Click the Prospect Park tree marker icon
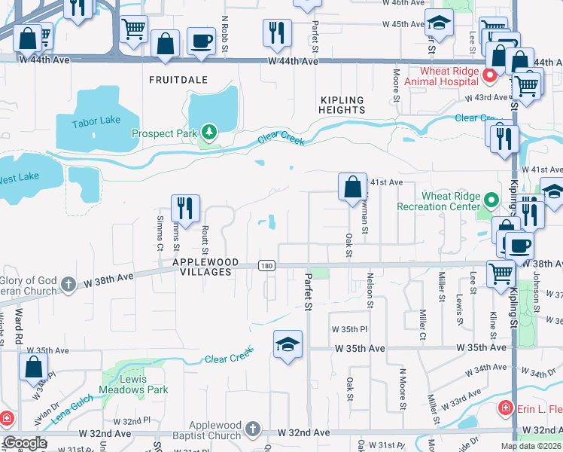208,133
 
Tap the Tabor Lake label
96,124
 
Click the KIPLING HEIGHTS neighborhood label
342,105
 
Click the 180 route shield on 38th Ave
266,265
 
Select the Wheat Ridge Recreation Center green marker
491,200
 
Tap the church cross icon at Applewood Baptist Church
252,430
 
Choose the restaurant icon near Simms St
184,208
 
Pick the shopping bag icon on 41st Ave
351,186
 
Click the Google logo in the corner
24,443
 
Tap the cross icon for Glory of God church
68,285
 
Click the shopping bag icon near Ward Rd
33,368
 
